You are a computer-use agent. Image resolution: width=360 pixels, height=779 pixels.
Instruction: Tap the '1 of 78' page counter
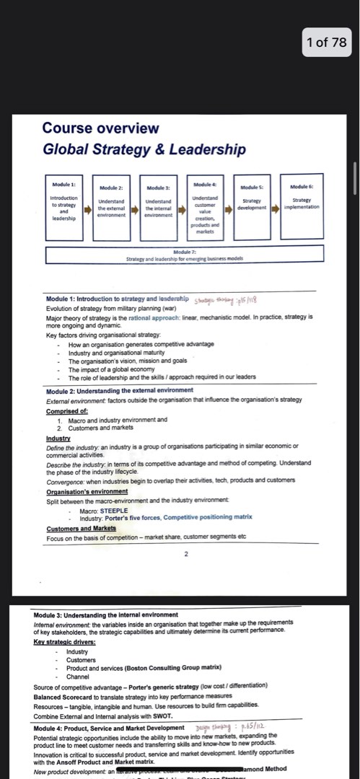coord(326,42)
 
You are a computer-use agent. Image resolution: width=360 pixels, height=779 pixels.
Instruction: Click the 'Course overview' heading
coord(100,128)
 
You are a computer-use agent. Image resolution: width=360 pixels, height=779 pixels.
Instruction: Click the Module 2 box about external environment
coord(111,205)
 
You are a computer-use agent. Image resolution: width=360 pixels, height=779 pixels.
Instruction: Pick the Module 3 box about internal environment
coord(158,205)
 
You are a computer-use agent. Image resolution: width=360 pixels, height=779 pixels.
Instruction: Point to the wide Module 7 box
coord(184,255)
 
